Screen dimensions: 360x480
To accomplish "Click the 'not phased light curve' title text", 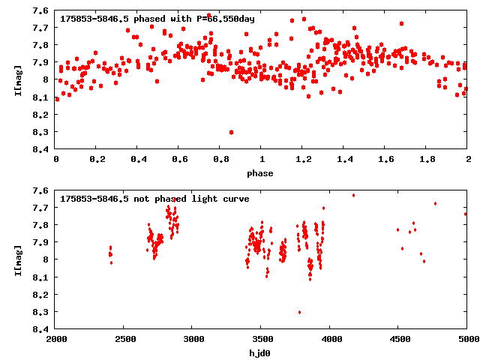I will pyautogui.click(x=154, y=199).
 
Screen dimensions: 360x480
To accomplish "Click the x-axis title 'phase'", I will pyautogui.click(x=261, y=173).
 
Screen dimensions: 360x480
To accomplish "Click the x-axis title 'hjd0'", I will pyautogui.click(x=261, y=352).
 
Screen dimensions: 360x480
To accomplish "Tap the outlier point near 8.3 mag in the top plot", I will pyautogui.click(x=231, y=132).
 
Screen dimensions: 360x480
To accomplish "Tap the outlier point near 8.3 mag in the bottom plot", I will pyautogui.click(x=299, y=312).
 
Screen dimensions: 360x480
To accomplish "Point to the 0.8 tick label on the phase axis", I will pyautogui.click(x=220, y=160).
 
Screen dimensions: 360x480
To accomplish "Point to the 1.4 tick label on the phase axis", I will pyautogui.click(x=343, y=160).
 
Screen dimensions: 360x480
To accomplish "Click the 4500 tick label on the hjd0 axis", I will pyautogui.click(x=398, y=340).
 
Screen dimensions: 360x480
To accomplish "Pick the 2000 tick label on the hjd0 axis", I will pyautogui.click(x=56, y=340).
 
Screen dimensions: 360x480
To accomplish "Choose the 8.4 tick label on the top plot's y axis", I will pyautogui.click(x=42, y=149).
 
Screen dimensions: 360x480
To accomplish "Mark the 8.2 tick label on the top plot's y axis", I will pyautogui.click(x=42, y=115).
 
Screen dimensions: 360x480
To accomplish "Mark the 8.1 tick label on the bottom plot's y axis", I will pyautogui.click(x=42, y=277).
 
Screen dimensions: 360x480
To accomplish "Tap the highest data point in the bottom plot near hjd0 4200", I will pyautogui.click(x=353, y=195).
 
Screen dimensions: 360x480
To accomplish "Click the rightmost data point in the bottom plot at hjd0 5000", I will pyautogui.click(x=465, y=214).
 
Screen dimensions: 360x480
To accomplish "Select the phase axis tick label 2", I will pyautogui.click(x=467, y=160).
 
